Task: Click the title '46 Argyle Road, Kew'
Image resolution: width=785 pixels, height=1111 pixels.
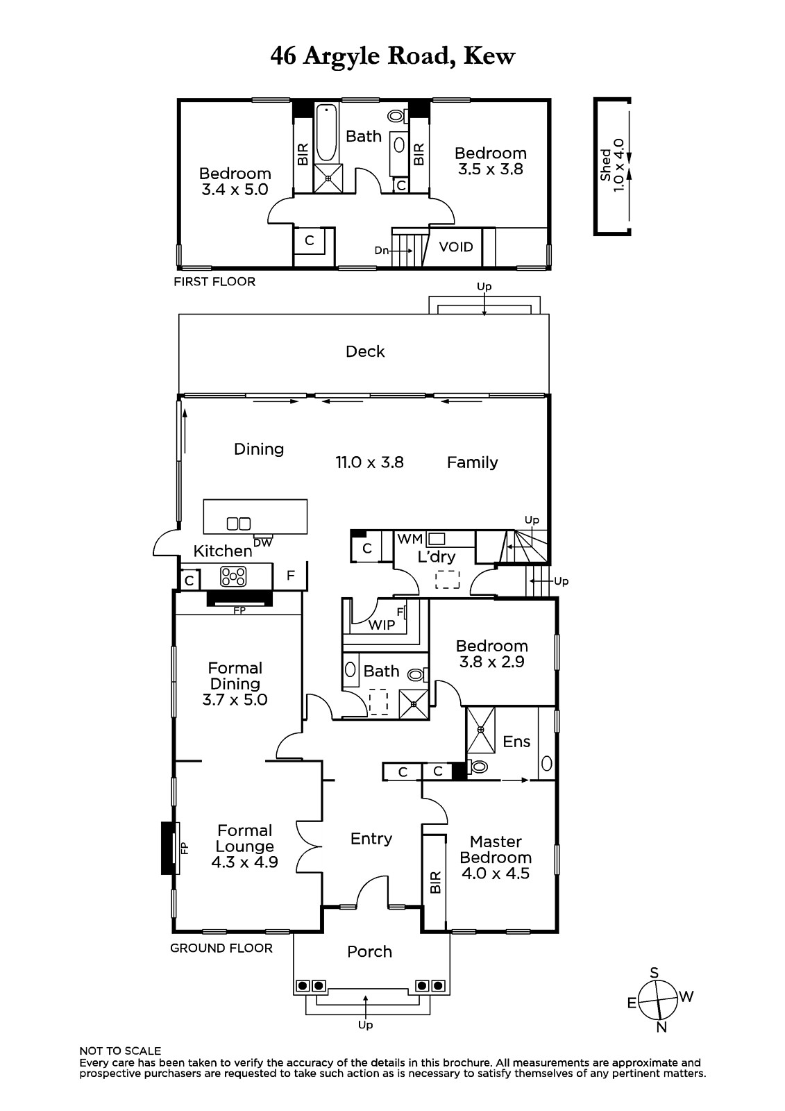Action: [392, 57]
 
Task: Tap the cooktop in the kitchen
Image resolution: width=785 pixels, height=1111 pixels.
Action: [233, 576]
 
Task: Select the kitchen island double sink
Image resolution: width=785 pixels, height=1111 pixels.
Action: [239, 524]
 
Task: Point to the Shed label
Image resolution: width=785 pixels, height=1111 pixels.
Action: [605, 165]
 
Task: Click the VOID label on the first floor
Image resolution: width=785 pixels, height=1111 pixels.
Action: [456, 247]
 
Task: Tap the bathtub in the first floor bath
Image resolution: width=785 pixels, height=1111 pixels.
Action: [327, 133]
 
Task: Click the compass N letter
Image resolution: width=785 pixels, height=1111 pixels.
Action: [661, 1027]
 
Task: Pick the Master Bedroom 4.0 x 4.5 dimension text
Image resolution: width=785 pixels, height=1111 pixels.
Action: [496, 873]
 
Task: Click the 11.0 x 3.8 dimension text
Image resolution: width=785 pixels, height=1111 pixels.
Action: [369, 462]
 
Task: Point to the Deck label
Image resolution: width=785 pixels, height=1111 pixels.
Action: [365, 351]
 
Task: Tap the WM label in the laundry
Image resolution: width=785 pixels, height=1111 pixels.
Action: [410, 539]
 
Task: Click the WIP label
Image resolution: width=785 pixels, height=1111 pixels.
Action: [381, 625]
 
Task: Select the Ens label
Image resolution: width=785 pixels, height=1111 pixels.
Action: [516, 742]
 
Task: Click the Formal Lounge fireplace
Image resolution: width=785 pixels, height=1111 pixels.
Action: [169, 848]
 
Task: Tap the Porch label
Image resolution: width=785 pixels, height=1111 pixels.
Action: [369, 952]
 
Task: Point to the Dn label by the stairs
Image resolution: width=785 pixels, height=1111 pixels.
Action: [381, 251]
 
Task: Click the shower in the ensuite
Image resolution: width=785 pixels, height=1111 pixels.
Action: [480, 730]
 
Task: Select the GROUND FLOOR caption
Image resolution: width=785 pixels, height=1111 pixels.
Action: [221, 949]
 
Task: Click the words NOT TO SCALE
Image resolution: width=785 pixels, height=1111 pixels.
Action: [120, 1051]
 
